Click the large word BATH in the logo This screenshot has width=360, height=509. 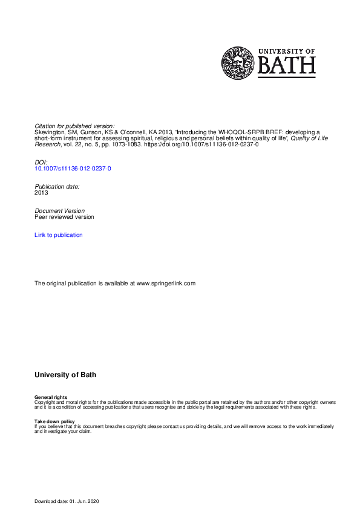coord(286,65)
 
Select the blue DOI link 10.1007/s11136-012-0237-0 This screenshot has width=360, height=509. coord(73,169)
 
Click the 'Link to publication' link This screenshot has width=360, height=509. coord(59,235)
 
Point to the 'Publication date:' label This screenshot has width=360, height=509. coord(57,187)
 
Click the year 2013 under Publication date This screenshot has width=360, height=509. coord(41,193)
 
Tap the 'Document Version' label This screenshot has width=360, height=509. coord(59,211)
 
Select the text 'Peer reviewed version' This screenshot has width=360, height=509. coord(64,217)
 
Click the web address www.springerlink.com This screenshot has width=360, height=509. coord(166,284)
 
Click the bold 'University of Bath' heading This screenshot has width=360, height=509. coord(65,375)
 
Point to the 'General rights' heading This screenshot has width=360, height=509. coord(51,397)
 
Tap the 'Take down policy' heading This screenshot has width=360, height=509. coord(54,421)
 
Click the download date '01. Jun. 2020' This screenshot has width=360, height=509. coord(90,502)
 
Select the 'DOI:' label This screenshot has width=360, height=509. coord(41,163)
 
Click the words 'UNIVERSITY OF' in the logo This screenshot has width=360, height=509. coord(286,51)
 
